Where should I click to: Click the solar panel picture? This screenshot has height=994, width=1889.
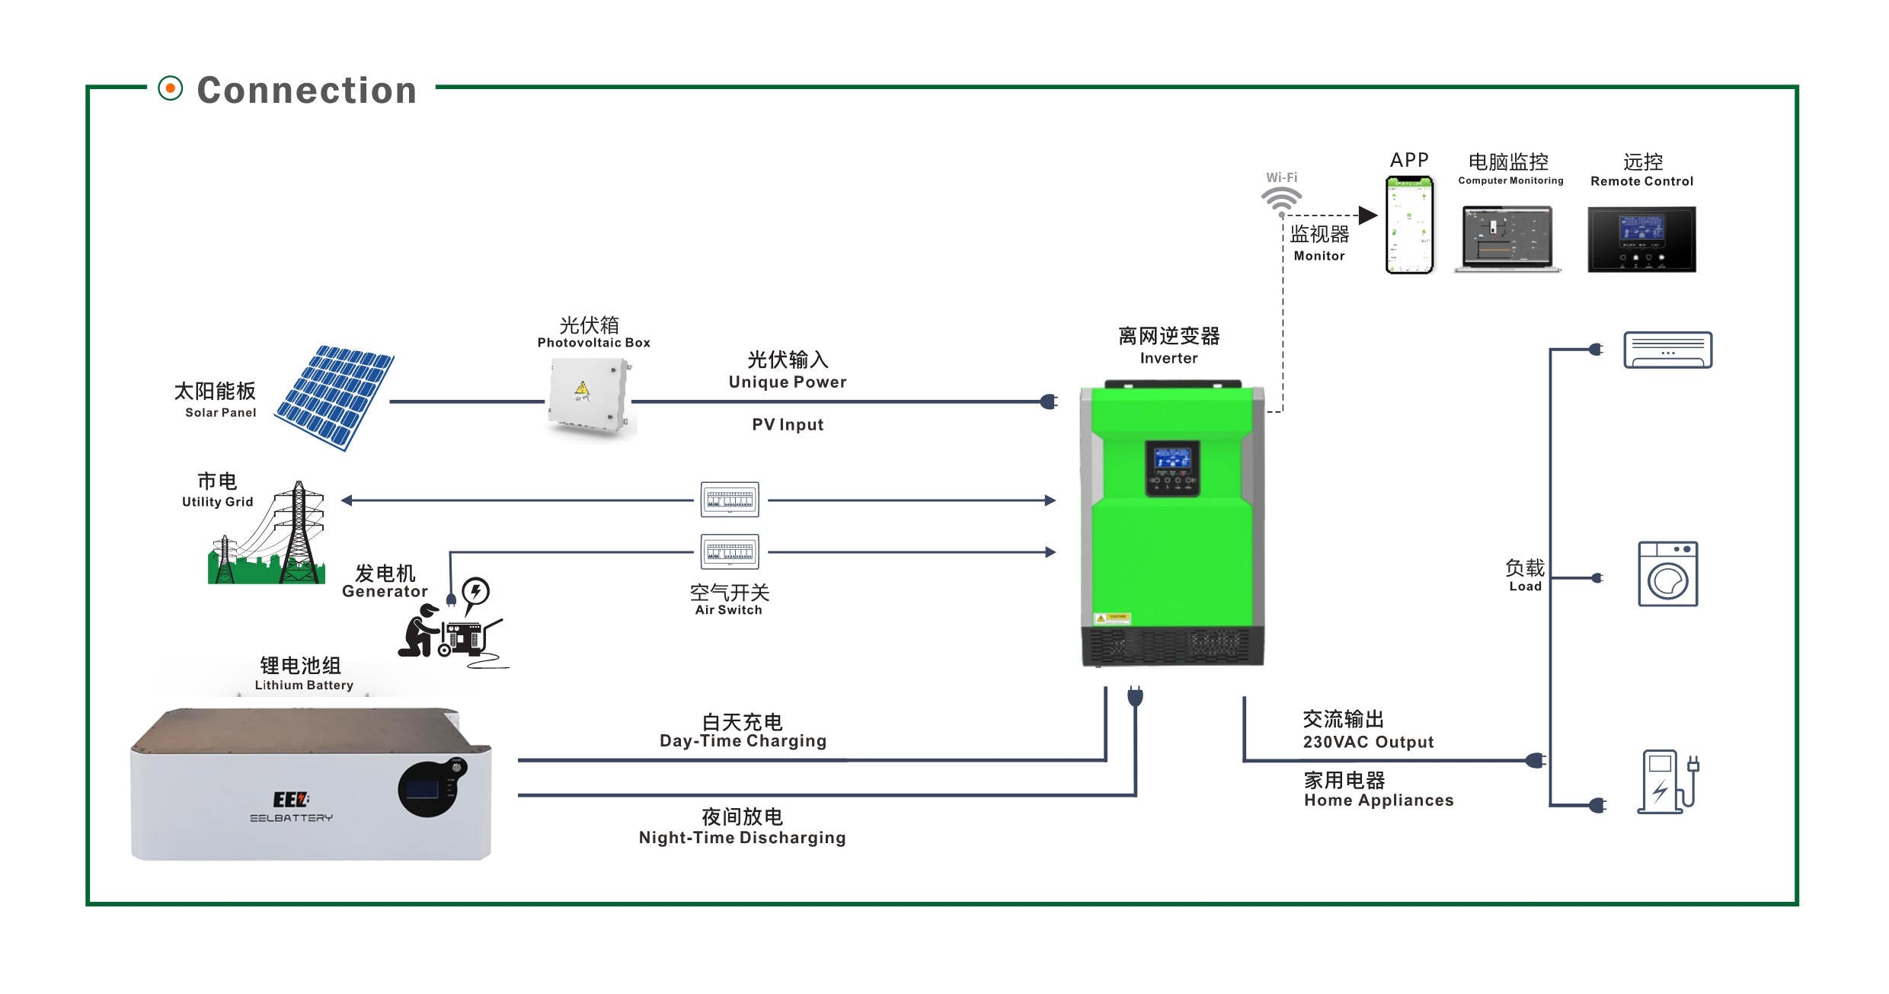tap(335, 397)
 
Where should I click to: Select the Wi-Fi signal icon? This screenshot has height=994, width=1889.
tap(1281, 200)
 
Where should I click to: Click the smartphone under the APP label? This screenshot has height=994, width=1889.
tap(1409, 225)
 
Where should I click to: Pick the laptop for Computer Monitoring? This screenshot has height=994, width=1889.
tap(1507, 238)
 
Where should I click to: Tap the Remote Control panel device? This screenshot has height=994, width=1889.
tap(1641, 239)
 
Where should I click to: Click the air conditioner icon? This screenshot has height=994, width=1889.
tap(1667, 350)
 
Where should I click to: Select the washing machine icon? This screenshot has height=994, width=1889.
tap(1667, 574)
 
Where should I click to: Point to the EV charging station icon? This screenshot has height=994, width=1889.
tap(1666, 781)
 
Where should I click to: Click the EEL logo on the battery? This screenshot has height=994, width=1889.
tap(291, 800)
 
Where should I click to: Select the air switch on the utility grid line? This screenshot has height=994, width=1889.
tap(730, 500)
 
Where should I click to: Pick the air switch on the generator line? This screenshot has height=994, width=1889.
tap(730, 551)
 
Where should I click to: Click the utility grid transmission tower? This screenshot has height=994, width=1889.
tap(299, 533)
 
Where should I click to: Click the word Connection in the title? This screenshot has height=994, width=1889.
tap(307, 91)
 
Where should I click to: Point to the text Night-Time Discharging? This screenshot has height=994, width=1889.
tap(742, 838)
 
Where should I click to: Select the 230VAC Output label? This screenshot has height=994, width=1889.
tap(1368, 742)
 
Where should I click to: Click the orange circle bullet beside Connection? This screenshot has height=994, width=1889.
tap(171, 88)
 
